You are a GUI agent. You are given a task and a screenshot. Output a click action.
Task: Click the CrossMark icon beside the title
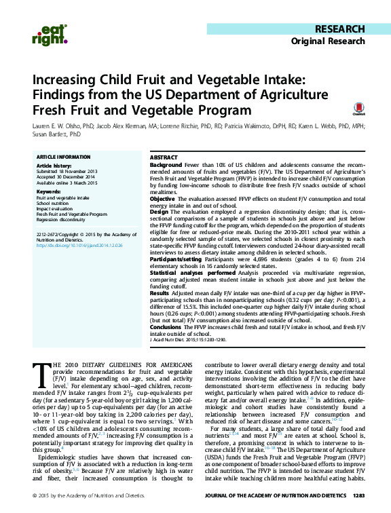(x=357, y=110)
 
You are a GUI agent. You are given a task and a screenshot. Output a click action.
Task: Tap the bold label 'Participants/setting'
(x=173, y=258)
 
